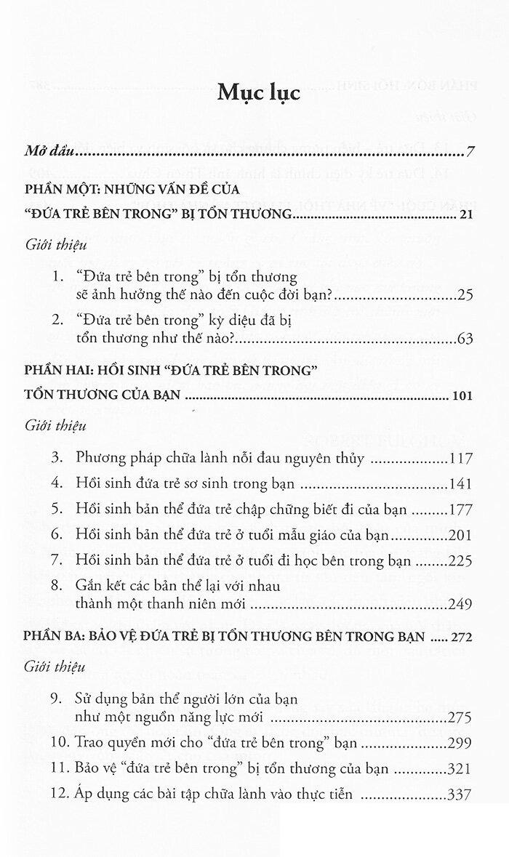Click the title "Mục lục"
coord(254,94)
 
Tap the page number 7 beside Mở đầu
coord(470,153)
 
